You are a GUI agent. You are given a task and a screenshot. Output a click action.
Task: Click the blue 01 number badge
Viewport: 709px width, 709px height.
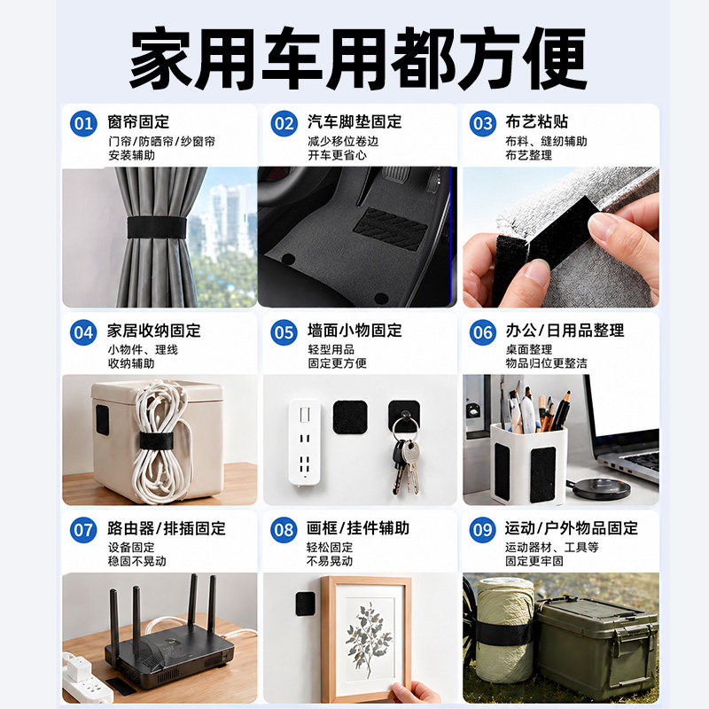click(x=83, y=123)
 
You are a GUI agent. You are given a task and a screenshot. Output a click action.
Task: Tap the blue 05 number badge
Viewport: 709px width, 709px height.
click(x=284, y=332)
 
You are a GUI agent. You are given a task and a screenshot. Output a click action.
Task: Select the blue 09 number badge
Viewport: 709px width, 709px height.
click(x=482, y=530)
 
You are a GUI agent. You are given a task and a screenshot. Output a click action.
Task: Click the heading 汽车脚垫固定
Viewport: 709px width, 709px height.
click(x=354, y=121)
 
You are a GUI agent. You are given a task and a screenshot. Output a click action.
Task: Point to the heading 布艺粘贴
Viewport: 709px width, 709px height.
click(x=537, y=121)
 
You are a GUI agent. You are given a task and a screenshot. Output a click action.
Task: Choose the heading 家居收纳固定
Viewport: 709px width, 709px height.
click(x=153, y=331)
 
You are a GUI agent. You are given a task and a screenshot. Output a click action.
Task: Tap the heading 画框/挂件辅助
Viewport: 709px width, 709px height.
click(x=358, y=528)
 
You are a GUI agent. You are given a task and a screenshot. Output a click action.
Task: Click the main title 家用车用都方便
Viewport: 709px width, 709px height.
click(x=358, y=58)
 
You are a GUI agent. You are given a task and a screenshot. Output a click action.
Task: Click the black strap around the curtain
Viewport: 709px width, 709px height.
click(x=157, y=228)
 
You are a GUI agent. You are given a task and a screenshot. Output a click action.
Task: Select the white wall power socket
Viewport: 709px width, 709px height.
click(x=305, y=442)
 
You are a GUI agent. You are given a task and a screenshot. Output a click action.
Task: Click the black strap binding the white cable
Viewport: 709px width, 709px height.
click(x=157, y=440)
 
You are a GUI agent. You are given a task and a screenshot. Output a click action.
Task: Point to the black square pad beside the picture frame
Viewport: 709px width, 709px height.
click(x=306, y=604)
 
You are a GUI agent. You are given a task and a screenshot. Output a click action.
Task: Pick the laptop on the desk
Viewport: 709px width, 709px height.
click(x=624, y=434)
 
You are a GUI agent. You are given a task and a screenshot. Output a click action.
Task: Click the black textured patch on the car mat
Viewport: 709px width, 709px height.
click(x=390, y=230)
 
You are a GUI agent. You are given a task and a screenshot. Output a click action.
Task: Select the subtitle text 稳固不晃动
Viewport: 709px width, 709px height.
click(x=137, y=561)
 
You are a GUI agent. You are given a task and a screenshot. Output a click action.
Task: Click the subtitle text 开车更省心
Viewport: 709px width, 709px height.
click(x=338, y=155)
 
